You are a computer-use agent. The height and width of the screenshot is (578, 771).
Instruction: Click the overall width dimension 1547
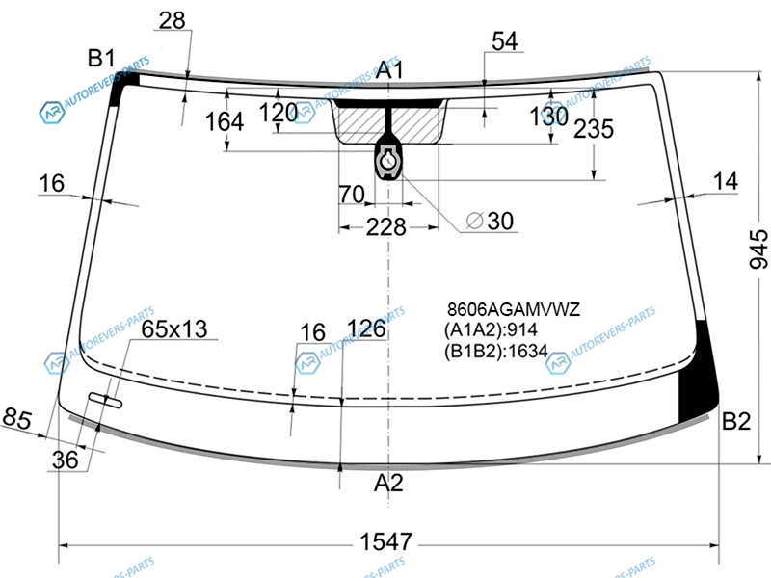(386, 541)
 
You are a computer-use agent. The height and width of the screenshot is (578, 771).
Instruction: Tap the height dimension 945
(758, 249)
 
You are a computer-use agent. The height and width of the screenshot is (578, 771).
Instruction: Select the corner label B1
(101, 58)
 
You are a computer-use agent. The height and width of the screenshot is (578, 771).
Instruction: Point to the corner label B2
(736, 421)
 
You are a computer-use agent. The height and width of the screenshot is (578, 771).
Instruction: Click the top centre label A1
(389, 69)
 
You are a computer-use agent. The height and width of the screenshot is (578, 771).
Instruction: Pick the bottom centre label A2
(388, 483)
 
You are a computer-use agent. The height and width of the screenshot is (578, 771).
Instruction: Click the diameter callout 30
(490, 222)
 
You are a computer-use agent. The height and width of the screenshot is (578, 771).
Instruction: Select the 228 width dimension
(386, 227)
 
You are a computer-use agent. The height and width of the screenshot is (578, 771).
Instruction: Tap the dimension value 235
(594, 129)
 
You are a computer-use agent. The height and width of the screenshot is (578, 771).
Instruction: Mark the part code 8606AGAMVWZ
(514, 309)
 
